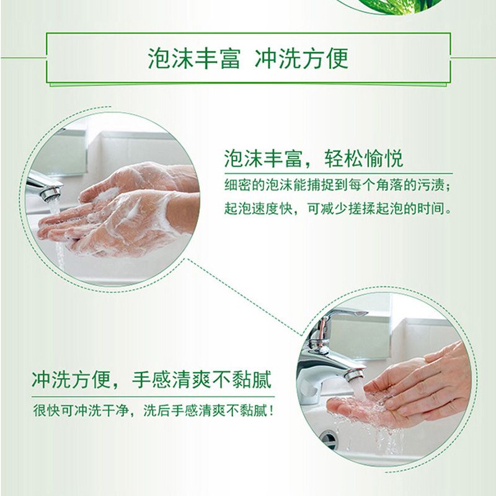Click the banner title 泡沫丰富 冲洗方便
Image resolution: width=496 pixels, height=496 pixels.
(x=248, y=58)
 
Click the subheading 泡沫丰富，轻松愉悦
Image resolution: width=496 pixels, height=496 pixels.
(x=314, y=158)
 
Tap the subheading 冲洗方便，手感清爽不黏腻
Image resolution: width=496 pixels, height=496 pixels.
(x=151, y=379)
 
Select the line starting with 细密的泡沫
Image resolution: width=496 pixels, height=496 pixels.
(x=337, y=185)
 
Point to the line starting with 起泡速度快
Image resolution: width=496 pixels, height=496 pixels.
(x=337, y=208)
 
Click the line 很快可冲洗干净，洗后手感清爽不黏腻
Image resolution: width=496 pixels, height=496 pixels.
(x=153, y=410)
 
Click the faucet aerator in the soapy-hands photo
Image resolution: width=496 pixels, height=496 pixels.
(x=51, y=193)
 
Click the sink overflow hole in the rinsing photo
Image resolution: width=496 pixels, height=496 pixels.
(x=328, y=439)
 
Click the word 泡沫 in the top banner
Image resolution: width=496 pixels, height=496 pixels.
(x=170, y=58)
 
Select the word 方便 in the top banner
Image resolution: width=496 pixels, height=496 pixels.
(x=325, y=58)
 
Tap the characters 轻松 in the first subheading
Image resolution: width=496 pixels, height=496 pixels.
(x=343, y=158)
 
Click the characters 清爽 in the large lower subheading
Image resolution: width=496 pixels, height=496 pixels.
(x=192, y=379)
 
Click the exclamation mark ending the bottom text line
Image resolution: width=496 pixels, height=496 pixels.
(x=271, y=410)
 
